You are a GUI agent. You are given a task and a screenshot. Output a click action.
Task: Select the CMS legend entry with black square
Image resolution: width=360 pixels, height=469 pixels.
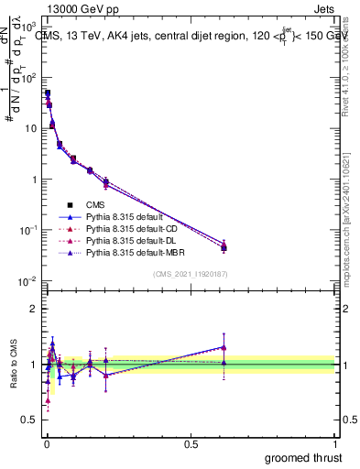click(x=95, y=204)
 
